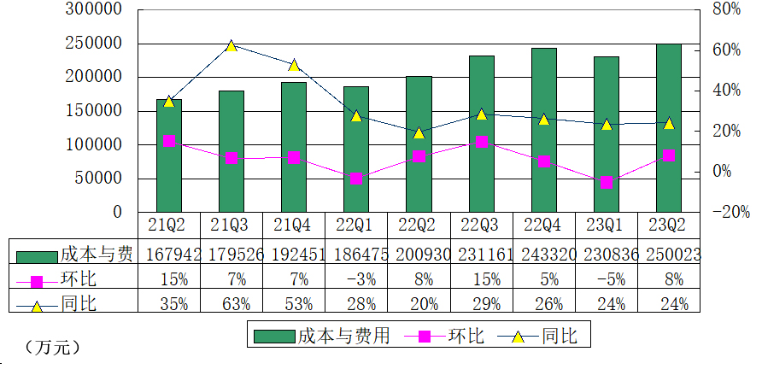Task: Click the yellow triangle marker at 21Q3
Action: (231, 45)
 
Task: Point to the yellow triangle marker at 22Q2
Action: (419, 132)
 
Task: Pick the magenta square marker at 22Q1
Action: (356, 178)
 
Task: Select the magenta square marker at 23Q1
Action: (607, 182)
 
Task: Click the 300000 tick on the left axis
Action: (94, 9)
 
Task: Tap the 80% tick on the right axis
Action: (724, 9)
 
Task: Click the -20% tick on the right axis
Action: (729, 212)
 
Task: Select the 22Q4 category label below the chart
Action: (543, 226)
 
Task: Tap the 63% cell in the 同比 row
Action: (231, 304)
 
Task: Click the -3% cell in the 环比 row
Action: (356, 278)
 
